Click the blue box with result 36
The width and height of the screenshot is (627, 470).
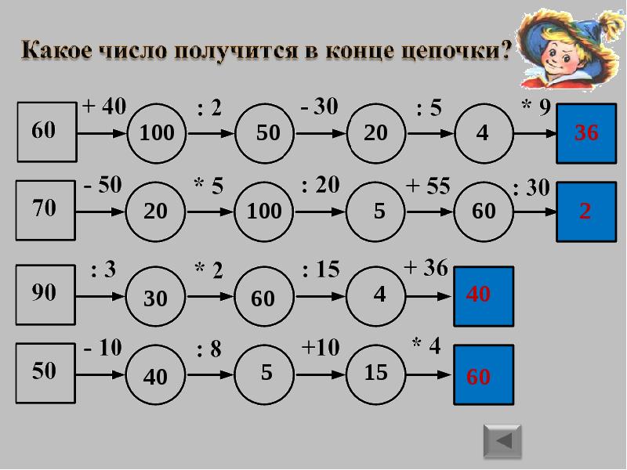(x=586, y=132)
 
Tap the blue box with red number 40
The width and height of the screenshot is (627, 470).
(x=484, y=295)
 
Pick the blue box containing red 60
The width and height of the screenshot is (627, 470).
(x=484, y=375)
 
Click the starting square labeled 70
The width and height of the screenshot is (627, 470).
(x=44, y=208)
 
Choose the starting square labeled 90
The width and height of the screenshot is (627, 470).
(x=44, y=293)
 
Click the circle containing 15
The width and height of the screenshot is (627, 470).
(x=376, y=374)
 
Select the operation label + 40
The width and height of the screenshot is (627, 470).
(x=103, y=107)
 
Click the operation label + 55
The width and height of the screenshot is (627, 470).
(x=428, y=186)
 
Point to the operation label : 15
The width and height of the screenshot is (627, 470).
(x=321, y=269)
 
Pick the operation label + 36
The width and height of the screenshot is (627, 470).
(x=425, y=268)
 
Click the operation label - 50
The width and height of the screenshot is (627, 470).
(x=103, y=185)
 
